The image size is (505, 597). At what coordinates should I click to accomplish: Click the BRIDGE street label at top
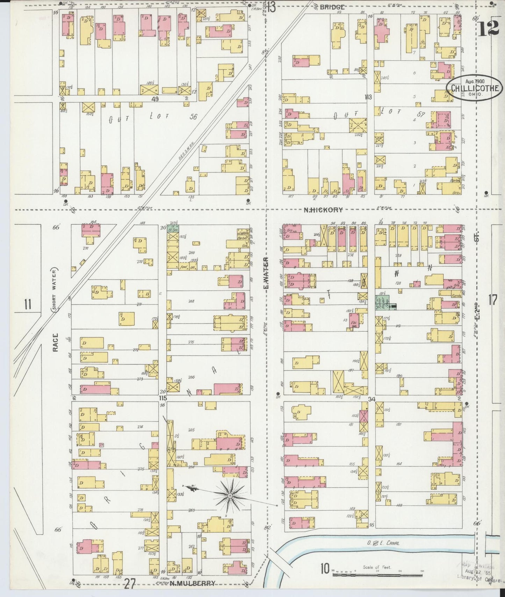[x=332, y=7]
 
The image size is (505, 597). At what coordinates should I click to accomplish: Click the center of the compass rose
[x=230, y=496]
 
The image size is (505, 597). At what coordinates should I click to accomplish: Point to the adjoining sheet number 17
[x=492, y=300]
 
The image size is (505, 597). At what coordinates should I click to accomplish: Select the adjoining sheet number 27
[x=130, y=583]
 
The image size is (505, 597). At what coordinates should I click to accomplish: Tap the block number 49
[x=155, y=99]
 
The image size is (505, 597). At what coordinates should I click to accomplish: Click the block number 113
[x=368, y=97]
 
